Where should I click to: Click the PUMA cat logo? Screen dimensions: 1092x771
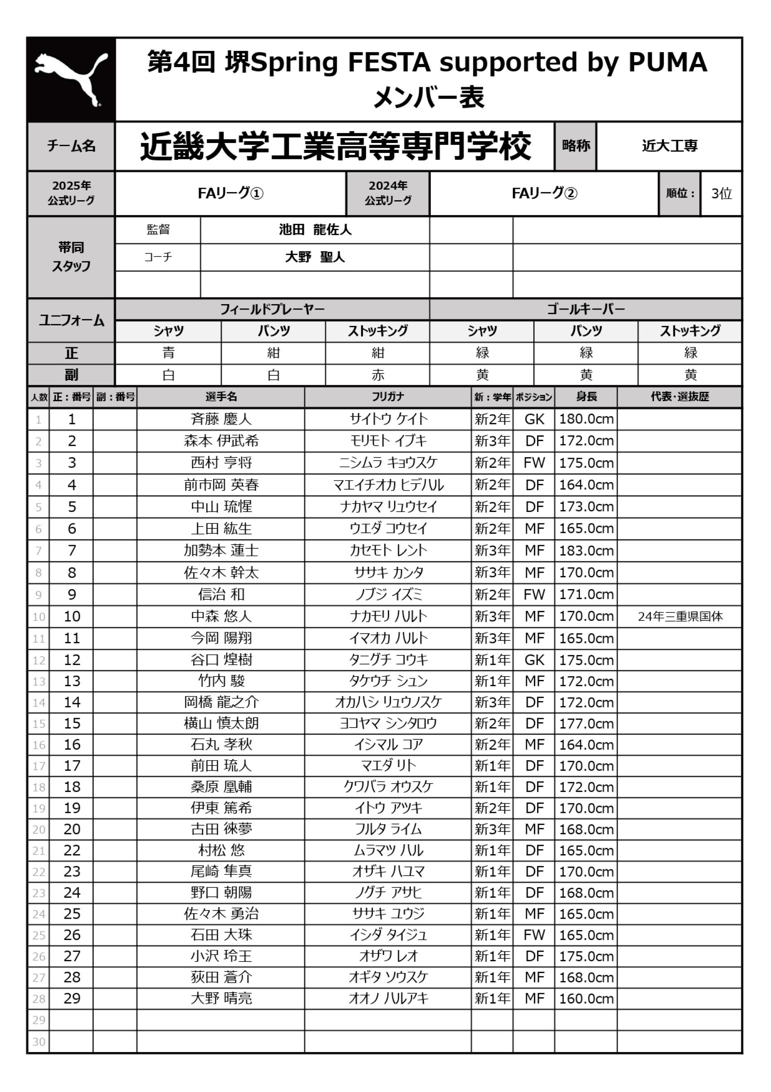(71, 79)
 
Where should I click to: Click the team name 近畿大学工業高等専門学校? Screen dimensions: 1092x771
(335, 146)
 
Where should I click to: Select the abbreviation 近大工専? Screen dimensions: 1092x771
(669, 146)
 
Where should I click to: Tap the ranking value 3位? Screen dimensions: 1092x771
(721, 193)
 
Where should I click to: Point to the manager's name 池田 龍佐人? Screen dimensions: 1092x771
(315, 230)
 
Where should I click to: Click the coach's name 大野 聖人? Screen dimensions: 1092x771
(315, 257)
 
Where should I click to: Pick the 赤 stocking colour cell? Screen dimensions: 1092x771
(378, 375)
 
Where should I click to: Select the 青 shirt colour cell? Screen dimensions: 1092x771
(168, 353)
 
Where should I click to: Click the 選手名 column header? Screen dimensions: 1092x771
(221, 397)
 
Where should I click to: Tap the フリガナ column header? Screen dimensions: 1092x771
(388, 397)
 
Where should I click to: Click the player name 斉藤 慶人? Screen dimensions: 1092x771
(221, 419)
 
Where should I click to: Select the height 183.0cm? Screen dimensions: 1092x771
(586, 551)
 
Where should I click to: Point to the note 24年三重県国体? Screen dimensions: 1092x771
(680, 616)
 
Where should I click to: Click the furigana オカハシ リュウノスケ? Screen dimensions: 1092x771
(388, 702)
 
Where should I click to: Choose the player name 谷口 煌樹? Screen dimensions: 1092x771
(221, 659)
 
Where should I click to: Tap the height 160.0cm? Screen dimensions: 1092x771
(586, 999)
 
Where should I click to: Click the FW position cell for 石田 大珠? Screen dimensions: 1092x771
(534, 935)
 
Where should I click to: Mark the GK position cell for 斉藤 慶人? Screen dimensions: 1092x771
(534, 419)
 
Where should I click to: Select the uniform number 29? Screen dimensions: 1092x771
(72, 999)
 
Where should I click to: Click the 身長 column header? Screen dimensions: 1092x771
(586, 397)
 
